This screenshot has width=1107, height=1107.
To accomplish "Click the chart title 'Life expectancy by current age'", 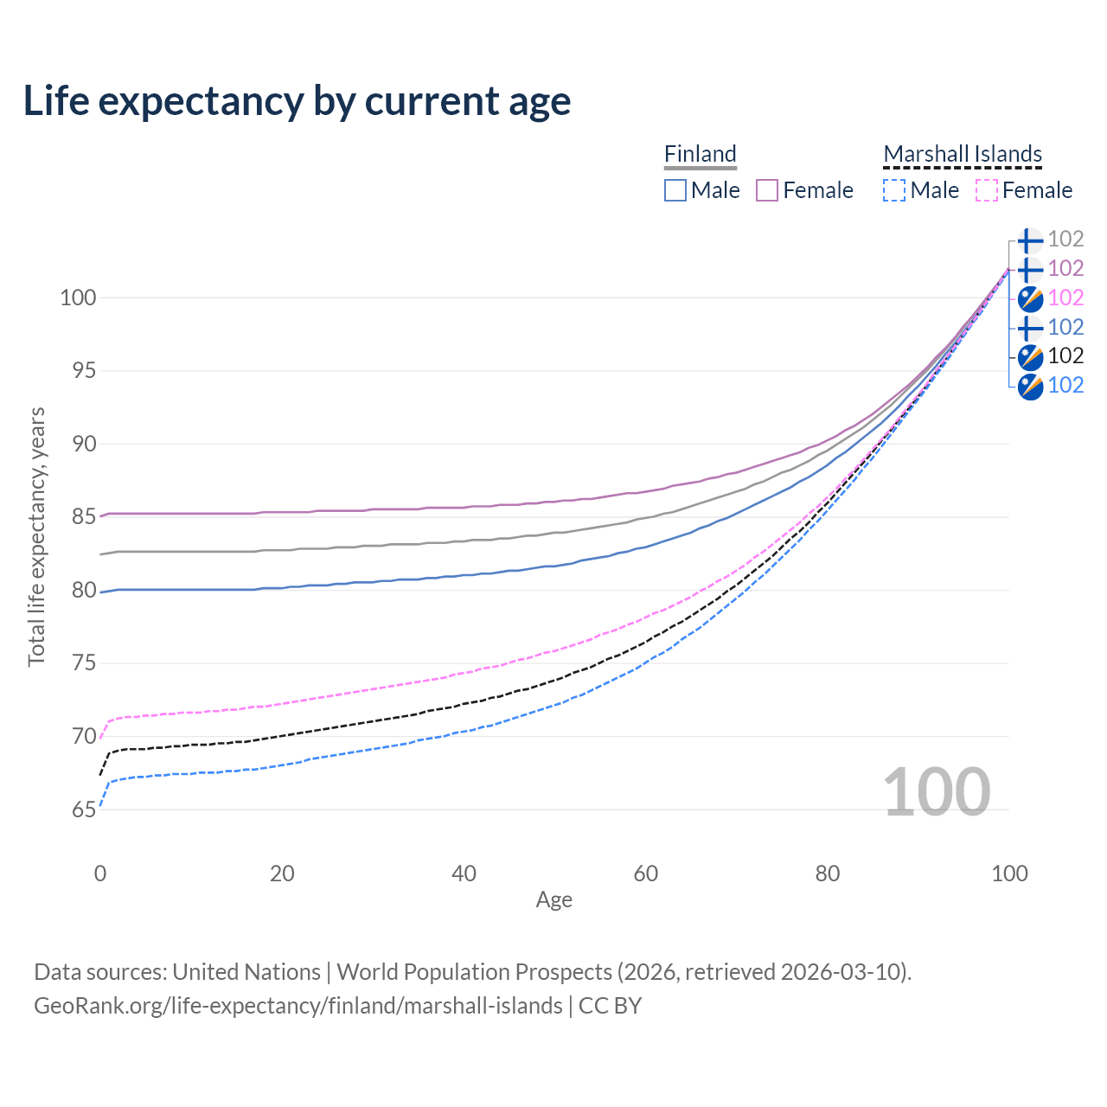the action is pyautogui.click(x=297, y=101).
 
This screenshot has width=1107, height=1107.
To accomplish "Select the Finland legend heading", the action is pyautogui.click(x=700, y=154).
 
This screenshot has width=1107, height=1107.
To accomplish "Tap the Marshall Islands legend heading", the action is pyautogui.click(x=963, y=154).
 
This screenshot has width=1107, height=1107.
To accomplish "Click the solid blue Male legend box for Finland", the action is pyautogui.click(x=675, y=190).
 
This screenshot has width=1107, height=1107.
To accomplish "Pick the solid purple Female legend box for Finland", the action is pyautogui.click(x=767, y=190).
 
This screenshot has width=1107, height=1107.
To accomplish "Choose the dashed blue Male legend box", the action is pyautogui.click(x=894, y=190).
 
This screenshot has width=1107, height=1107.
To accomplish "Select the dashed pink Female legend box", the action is pyautogui.click(x=987, y=190).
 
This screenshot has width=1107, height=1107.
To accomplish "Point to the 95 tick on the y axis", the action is pyautogui.click(x=84, y=370).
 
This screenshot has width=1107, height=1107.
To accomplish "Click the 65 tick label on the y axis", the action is pyautogui.click(x=84, y=809).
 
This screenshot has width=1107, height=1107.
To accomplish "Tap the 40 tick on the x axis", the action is pyautogui.click(x=464, y=873).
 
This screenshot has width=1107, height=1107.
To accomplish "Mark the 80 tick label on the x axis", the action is pyautogui.click(x=828, y=873).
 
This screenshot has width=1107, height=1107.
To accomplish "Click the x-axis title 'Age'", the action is pyautogui.click(x=553, y=900).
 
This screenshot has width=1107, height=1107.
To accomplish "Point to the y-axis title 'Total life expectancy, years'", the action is pyautogui.click(x=36, y=537).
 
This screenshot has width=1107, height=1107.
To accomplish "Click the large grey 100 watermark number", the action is pyautogui.click(x=937, y=792).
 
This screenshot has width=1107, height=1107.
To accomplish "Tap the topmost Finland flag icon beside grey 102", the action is pyautogui.click(x=1030, y=240).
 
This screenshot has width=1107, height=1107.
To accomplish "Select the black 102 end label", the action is pyautogui.click(x=1065, y=356).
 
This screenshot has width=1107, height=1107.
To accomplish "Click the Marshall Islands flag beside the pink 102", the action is pyautogui.click(x=1030, y=298).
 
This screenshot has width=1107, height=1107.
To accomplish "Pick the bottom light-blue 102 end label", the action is pyautogui.click(x=1065, y=386).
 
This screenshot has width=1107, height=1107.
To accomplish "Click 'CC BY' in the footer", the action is pyautogui.click(x=610, y=1005).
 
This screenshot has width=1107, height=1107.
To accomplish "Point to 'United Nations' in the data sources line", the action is pyautogui.click(x=246, y=972).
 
